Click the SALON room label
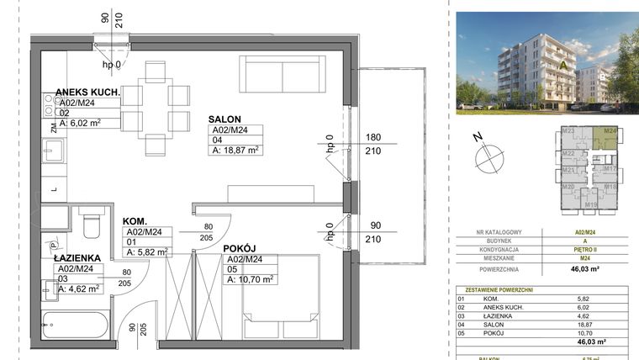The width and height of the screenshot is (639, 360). coord(228,119)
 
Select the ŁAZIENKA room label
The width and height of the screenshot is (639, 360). coord(78,258)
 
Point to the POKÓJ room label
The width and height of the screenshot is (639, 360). coord(240,248)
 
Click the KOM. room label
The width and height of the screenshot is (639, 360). coord(136,220)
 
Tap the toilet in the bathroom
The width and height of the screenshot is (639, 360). coord(91,224)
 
